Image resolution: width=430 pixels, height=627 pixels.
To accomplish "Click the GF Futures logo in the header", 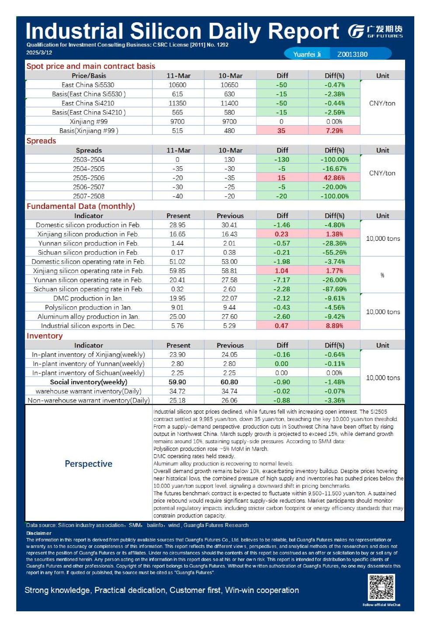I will coord(375,31).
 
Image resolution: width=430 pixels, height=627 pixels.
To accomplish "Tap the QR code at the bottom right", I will coord(381,587).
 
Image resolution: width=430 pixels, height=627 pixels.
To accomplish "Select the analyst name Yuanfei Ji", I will coord(307,54).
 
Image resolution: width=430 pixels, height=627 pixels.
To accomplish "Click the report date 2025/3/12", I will coord(39,52).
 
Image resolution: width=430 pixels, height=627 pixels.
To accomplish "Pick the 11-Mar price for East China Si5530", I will coord(177,85).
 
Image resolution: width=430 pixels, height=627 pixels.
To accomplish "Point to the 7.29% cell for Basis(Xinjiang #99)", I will coord(334,130).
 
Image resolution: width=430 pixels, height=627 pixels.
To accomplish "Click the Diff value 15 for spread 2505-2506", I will coord(281,178).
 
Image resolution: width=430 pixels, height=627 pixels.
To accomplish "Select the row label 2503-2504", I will coord(89,160).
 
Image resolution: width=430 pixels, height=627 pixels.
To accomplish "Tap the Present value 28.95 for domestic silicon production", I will coord(177,225).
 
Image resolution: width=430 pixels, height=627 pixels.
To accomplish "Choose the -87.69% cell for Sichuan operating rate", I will coord(334,289).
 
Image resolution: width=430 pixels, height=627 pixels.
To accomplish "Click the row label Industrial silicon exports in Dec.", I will coord(88,326).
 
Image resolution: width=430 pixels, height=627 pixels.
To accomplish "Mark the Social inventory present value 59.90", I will coord(177,382).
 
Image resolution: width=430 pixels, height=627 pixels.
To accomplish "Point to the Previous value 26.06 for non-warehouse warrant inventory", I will coord(229,401).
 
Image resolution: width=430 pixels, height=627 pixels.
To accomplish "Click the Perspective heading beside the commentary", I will coord(88,464).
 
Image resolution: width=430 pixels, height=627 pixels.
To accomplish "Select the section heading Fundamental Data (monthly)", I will coord(81,206).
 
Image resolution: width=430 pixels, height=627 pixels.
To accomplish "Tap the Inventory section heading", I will coord(45,336).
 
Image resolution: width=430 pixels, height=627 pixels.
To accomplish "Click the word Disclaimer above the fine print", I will coord(39,533).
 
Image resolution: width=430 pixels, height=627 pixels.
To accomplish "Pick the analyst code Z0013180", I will coord(352,54).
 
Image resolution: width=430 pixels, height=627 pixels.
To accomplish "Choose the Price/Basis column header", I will coord(89,75).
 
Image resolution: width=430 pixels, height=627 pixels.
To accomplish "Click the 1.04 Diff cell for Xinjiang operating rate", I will coord(281,271).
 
